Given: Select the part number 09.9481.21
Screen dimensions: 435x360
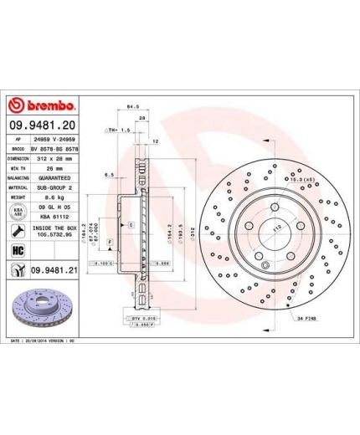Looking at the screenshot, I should coord(53,269).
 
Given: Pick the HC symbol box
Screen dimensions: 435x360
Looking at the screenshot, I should coord(17,249).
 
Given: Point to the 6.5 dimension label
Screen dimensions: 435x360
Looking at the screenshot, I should coord(110,175).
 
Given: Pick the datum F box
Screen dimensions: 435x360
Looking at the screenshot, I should coord(109,240).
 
